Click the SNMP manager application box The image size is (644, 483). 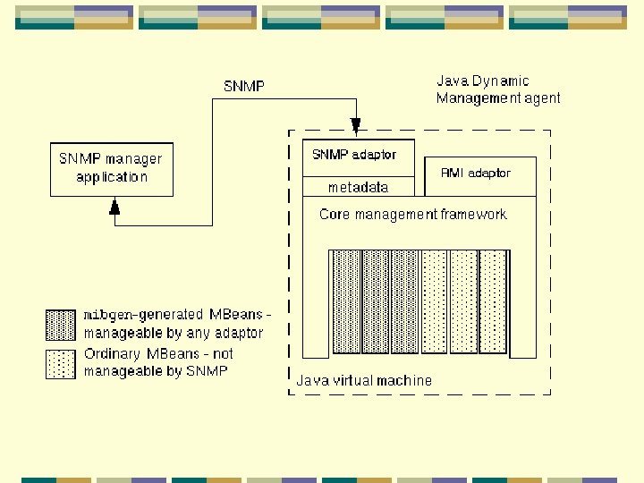click(111, 168)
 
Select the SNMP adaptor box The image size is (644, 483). click(359, 156)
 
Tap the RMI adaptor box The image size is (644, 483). click(476, 173)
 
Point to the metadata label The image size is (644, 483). click(359, 188)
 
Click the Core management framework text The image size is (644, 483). click(412, 215)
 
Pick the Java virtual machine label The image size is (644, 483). click(364, 380)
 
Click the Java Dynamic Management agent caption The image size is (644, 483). click(498, 89)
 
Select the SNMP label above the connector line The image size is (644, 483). click(243, 87)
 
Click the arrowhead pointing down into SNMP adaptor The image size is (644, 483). click(356, 124)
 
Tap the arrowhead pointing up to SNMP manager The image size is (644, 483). click(114, 208)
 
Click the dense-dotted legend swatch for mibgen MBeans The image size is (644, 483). click(61, 325)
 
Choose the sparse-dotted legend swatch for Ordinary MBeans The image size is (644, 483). click(61, 363)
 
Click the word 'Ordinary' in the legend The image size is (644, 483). click(113, 354)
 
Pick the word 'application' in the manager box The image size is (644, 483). click(112, 177)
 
